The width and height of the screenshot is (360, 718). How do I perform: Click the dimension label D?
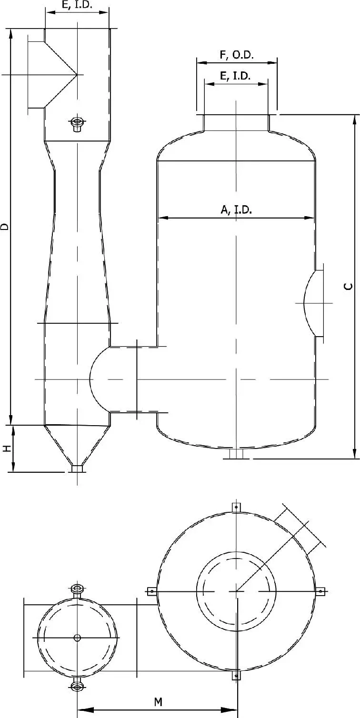pyautogui.click(x=4, y=226)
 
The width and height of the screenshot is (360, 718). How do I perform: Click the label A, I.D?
pyautogui.click(x=236, y=209)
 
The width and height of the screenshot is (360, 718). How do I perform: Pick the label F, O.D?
pyautogui.click(x=237, y=55)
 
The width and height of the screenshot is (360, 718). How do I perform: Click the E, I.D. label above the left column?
pyautogui.click(x=77, y=5)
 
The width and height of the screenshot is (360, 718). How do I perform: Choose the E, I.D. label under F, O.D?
pyautogui.click(x=236, y=76)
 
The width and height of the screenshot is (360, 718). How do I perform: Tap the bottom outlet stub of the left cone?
pyautogui.click(x=77, y=469)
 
